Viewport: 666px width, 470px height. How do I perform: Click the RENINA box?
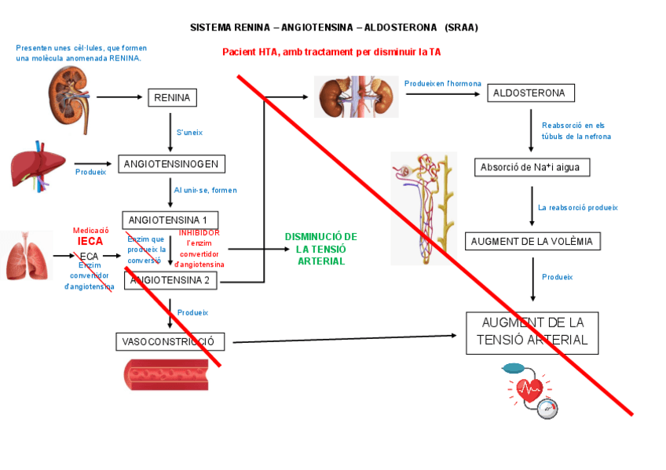(172, 97)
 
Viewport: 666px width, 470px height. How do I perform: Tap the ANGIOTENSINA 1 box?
(170, 220)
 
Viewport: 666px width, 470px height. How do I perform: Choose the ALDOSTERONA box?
(530, 93)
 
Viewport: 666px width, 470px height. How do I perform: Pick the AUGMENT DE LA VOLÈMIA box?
(532, 241)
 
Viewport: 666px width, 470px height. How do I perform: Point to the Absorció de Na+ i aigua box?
(532, 167)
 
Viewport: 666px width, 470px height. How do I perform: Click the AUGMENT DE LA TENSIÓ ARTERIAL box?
(532, 332)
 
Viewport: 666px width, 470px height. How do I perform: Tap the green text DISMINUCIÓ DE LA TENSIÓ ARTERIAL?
(320, 249)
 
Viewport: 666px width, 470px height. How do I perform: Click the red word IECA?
(90, 241)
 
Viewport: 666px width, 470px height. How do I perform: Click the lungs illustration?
(25, 255)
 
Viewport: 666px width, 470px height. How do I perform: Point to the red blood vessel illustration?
(165, 373)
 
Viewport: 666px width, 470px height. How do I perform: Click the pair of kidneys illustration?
(356, 96)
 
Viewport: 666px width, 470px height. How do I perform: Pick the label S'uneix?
(189, 133)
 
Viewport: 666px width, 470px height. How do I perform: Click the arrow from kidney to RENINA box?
(118, 97)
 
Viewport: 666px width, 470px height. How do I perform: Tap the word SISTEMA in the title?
(211, 27)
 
